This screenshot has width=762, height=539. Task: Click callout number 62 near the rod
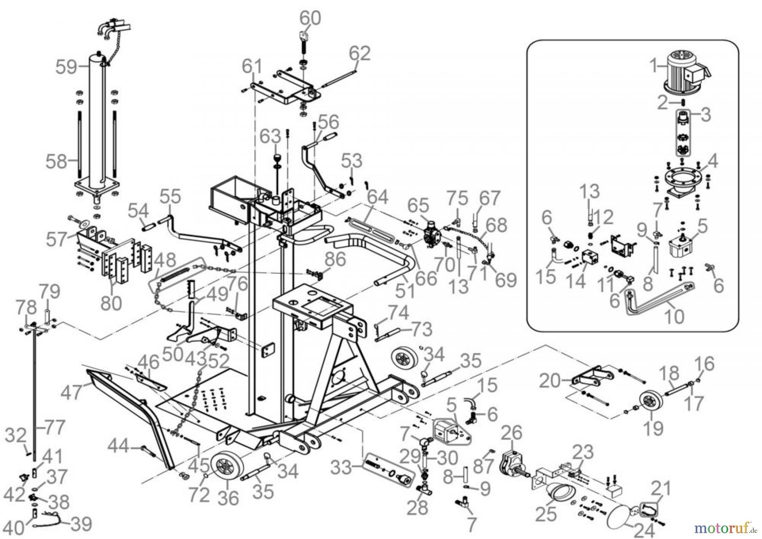coord(360,53)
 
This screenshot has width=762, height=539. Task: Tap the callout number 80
coord(111,303)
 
